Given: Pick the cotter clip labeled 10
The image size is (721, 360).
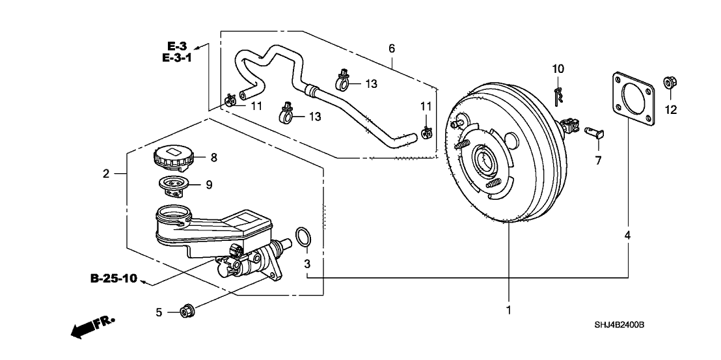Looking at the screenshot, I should pos(557,95).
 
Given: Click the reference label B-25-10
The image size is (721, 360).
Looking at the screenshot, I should pos(113,279).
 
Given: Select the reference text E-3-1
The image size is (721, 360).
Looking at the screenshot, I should pos(176,57).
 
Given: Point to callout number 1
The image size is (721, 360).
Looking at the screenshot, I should pos(509,311).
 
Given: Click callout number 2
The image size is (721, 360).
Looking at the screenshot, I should pos(105,173).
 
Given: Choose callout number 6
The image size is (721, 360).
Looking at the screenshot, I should pos(391,48).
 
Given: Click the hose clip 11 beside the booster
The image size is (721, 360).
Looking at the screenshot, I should pos(426,132).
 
